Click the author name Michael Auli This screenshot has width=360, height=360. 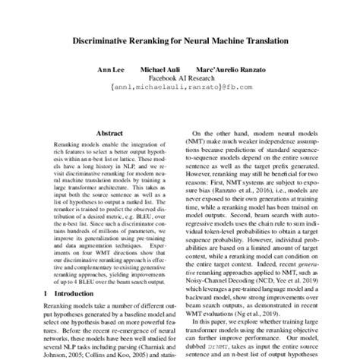pyautogui.click(x=163, y=69)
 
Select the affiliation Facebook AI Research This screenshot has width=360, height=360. pyautogui.click(x=179, y=78)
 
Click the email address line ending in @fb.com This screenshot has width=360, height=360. pyautogui.click(x=179, y=88)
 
